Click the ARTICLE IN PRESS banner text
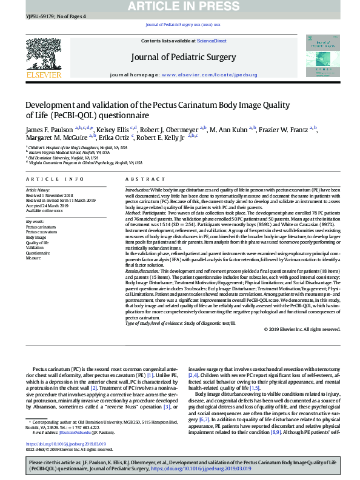click(x=180, y=6)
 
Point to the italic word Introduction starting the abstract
click(x=139, y=190)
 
